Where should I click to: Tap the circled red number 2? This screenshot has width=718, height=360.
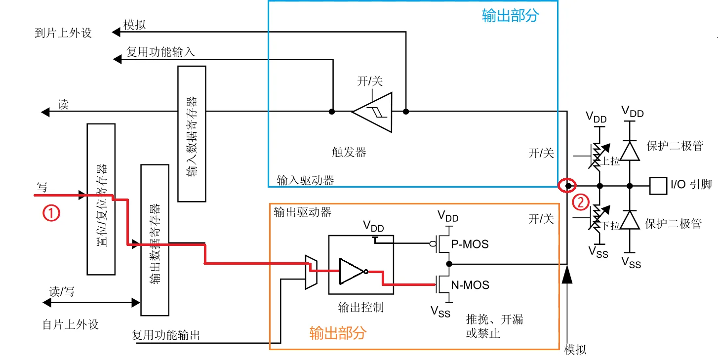[581, 202]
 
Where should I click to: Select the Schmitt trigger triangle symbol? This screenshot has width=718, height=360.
[372, 112]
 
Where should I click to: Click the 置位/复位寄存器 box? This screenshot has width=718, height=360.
[101, 199]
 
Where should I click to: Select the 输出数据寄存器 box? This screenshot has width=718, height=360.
[155, 240]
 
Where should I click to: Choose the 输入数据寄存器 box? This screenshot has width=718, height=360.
[192, 133]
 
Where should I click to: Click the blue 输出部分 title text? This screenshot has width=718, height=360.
[510, 16]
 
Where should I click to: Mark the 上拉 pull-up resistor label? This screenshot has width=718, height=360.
[611, 160]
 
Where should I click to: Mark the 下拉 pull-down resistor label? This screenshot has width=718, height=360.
[611, 226]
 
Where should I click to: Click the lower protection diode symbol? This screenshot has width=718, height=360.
[629, 220]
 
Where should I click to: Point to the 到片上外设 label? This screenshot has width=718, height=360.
[63, 33]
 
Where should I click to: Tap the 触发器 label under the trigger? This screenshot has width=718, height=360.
[349, 152]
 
